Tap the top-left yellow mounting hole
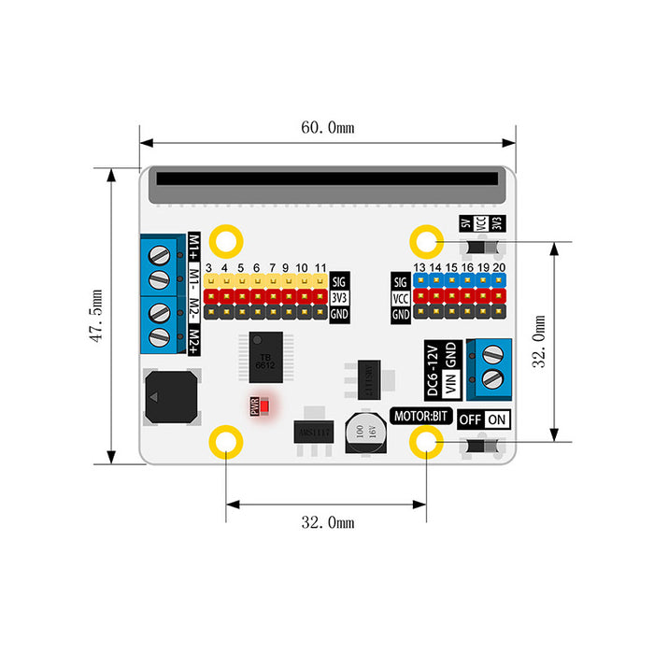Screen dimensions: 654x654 tap(225, 241)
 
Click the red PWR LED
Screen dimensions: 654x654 tap(264, 406)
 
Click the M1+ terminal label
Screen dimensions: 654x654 tap(194, 248)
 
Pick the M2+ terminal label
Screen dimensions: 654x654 tap(194, 338)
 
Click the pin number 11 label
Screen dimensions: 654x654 tap(320, 268)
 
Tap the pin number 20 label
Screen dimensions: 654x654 tap(500, 268)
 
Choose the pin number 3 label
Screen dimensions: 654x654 tap(209, 268)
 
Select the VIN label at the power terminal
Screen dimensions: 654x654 tap(450, 382)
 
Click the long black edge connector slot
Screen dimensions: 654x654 tap(327, 178)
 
